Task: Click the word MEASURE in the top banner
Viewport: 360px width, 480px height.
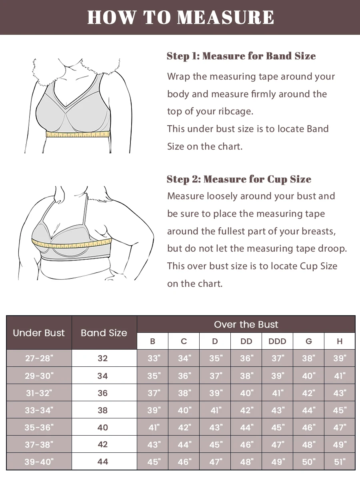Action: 226,18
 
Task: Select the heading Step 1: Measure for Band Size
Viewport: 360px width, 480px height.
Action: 241,56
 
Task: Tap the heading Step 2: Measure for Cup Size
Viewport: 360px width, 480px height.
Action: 239,179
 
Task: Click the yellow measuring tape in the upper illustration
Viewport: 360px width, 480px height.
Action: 78,134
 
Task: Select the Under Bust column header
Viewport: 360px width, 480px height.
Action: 39,333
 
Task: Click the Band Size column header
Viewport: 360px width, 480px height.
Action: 104,333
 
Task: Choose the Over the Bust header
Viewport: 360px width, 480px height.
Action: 246,324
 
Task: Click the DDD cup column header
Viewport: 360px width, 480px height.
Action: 277,341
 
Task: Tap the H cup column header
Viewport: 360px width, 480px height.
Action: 340,341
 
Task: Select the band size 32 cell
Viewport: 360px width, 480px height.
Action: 103,358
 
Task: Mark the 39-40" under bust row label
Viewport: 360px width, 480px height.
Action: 39,462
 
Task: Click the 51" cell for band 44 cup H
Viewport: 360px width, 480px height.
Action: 340,462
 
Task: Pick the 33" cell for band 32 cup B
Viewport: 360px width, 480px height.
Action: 153,358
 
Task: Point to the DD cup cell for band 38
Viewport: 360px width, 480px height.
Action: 246,410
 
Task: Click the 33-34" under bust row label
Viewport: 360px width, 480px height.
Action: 39,410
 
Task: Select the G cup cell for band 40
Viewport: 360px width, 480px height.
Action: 308,427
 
